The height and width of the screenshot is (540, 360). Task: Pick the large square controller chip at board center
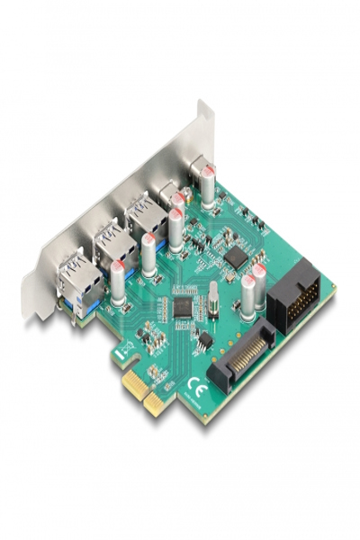[x=184, y=306]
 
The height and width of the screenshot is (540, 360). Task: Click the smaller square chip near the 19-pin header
[x=236, y=256]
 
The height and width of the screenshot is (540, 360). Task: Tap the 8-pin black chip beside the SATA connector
[x=204, y=340]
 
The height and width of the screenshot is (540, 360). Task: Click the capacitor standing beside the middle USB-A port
[x=149, y=255]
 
